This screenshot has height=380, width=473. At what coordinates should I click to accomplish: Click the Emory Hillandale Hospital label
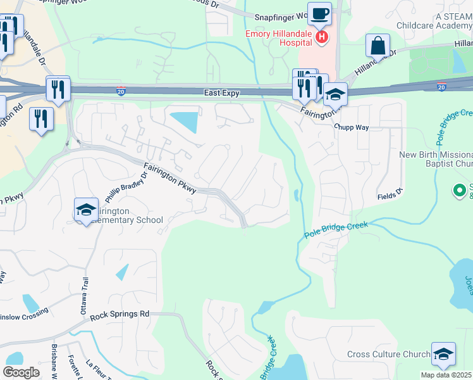point(279,37)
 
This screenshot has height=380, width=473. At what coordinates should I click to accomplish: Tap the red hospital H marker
point(322,38)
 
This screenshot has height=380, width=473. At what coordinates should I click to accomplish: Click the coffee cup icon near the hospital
point(320,13)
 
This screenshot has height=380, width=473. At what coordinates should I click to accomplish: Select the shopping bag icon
point(378,46)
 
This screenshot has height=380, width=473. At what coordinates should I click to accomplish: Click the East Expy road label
point(221,92)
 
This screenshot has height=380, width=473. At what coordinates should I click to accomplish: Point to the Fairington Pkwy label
point(170,179)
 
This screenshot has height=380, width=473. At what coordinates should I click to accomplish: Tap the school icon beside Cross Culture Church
point(443,354)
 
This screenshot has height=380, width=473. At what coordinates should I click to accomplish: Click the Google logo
point(21,372)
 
